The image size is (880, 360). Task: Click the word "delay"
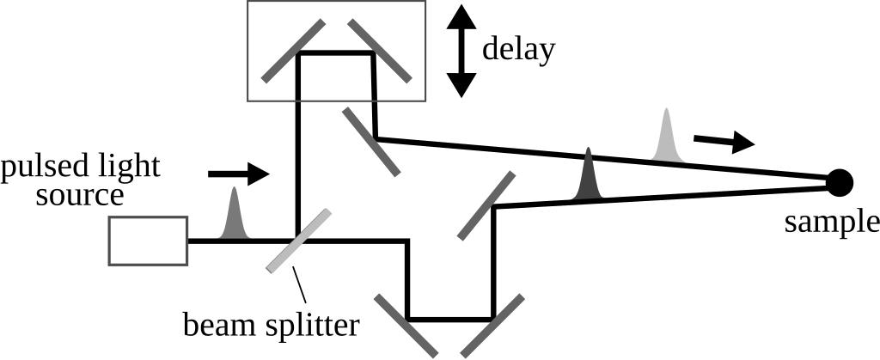point(518,48)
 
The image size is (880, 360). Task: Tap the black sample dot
point(840,181)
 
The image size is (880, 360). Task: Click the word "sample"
point(832,222)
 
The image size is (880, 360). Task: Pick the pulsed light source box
point(148,241)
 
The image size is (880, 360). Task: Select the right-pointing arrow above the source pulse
point(239,174)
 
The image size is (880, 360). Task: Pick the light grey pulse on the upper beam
point(666,137)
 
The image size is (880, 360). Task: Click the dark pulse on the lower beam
point(588,175)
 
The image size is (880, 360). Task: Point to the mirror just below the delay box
point(371,142)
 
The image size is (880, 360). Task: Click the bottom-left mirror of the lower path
point(406,325)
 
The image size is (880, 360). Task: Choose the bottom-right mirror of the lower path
point(492,325)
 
